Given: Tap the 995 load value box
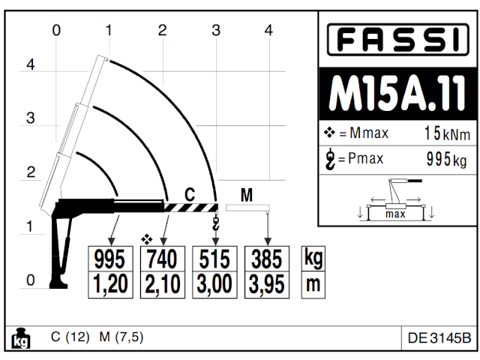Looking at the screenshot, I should tap(110, 259).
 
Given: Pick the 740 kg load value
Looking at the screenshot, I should tap(162, 259).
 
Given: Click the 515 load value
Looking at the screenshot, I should tap(215, 259).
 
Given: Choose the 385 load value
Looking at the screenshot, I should tap(267, 259).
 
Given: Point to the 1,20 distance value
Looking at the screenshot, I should tap(110, 283).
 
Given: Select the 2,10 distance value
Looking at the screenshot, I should tap(162, 283).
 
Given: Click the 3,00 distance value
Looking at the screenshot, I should tap(215, 283).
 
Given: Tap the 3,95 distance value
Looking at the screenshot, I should tap(267, 283).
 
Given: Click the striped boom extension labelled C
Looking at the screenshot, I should tap(190, 207).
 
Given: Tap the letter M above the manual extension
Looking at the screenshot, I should tap(246, 195).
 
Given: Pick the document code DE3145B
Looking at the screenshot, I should tap(439, 338).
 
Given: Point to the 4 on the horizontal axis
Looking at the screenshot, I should tap(268, 30).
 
